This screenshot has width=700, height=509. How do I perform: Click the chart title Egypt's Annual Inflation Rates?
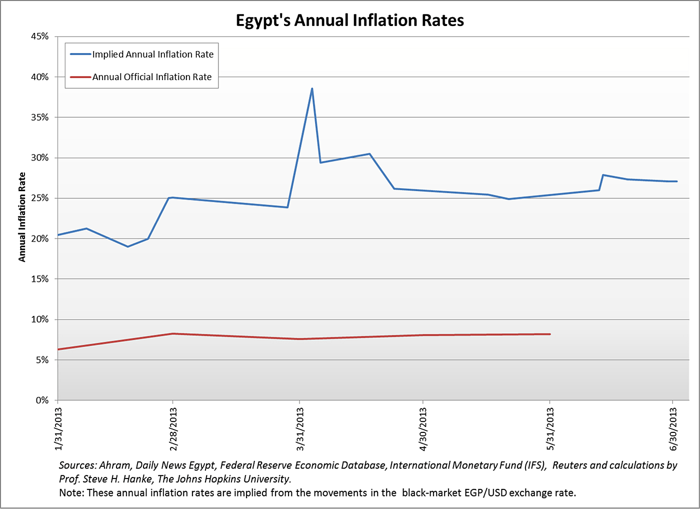350,20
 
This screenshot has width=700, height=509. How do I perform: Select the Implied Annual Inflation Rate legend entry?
152,54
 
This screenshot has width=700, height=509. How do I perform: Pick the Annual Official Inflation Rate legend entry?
151,77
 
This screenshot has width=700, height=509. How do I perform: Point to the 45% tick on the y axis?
39,37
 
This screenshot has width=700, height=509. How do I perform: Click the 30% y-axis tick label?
39,158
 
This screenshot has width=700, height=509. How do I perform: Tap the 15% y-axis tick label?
39,279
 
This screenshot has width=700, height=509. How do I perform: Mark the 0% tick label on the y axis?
41,400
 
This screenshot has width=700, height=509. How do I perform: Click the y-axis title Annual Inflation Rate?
22,217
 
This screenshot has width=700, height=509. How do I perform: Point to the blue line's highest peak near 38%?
312,89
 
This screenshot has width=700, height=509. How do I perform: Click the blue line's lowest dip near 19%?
128,246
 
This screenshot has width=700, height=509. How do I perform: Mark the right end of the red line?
550,334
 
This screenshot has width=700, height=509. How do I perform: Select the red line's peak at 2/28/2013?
172,333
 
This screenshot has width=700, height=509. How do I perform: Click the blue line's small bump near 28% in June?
603,175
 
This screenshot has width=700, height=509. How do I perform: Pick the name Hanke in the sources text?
137,479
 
